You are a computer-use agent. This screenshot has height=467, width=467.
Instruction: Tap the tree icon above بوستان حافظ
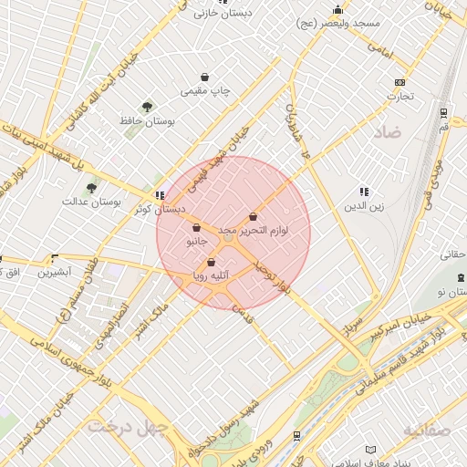[x=148, y=107]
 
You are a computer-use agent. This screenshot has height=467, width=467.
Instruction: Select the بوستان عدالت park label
[x=92, y=201]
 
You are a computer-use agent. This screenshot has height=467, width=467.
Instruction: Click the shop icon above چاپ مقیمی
[x=207, y=78]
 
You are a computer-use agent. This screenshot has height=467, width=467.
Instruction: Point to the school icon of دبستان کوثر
[x=161, y=195]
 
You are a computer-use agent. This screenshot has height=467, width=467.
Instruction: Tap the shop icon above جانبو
[x=197, y=228]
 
